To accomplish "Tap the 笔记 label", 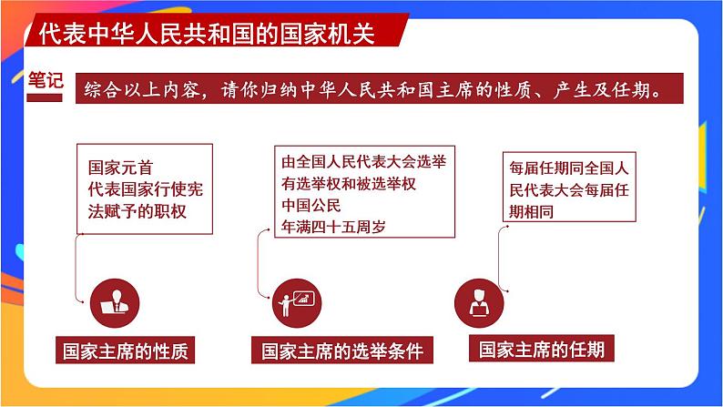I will click(x=46, y=81).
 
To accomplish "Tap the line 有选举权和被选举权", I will click(x=349, y=183).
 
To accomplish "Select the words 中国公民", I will click(x=311, y=205).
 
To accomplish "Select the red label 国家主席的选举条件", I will click(x=342, y=351).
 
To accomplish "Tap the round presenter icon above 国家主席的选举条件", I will click(x=296, y=301).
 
